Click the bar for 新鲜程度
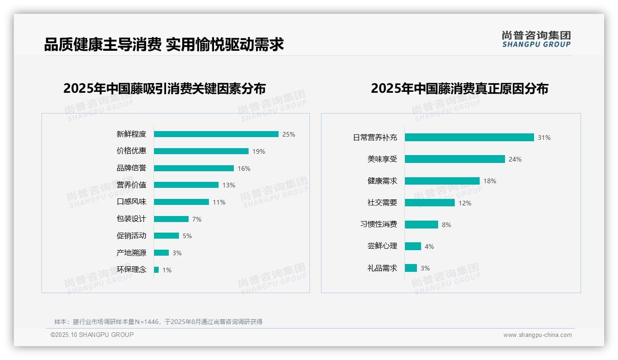(216, 134)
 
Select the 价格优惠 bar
(201, 151)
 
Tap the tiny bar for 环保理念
(156, 270)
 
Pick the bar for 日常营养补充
(469, 138)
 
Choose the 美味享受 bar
(455, 159)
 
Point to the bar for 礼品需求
(411, 268)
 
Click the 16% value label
(244, 168)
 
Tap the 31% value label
(544, 138)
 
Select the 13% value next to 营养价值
(229, 185)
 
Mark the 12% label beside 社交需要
(465, 203)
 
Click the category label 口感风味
(131, 202)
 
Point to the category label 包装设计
(131, 219)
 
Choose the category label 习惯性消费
(379, 224)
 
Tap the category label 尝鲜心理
(382, 246)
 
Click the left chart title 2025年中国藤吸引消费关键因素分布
(165, 88)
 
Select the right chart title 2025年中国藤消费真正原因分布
(459, 88)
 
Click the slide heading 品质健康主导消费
(102, 44)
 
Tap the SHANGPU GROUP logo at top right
(536, 39)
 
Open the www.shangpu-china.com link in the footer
(537, 335)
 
